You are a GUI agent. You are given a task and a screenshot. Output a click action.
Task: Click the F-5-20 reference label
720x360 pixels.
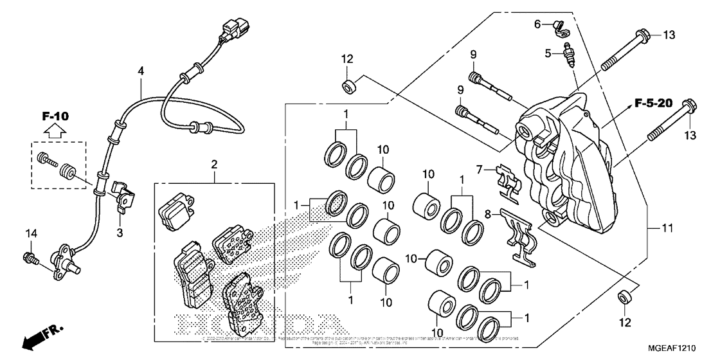654,103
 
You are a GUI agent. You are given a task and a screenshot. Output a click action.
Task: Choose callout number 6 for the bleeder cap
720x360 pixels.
537,24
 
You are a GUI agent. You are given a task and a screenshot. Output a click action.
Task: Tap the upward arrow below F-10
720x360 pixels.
55,132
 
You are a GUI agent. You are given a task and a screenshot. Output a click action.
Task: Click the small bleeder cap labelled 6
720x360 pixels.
557,26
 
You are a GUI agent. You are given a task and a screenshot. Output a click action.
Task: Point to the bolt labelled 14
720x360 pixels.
30,258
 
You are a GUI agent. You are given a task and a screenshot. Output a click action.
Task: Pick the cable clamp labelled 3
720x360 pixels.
123,196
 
